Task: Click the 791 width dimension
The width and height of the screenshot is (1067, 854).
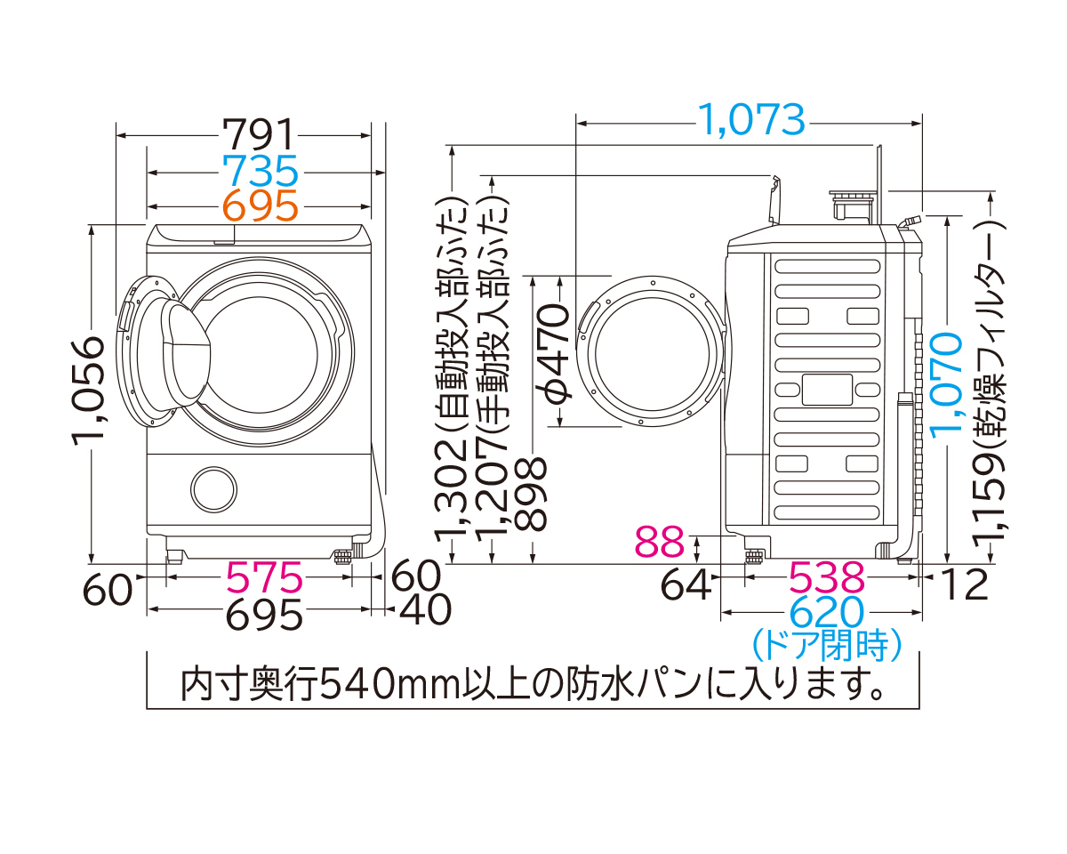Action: [x=258, y=135]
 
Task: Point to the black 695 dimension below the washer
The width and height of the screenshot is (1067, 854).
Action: [x=263, y=613]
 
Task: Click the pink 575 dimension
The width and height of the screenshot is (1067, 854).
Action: [x=264, y=578]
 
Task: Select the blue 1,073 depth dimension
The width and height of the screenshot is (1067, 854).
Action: [x=750, y=119]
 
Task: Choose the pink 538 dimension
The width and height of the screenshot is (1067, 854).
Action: [x=827, y=578]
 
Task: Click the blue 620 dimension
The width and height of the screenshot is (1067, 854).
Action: [x=827, y=613]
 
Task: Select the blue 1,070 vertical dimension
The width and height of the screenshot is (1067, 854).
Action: [x=948, y=383]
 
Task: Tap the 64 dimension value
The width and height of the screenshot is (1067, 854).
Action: [x=686, y=584]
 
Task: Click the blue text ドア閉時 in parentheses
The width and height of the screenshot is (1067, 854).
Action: [x=827, y=645]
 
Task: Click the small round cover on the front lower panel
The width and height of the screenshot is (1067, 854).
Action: [x=214, y=488]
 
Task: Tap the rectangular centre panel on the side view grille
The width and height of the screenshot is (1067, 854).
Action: [x=827, y=388]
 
